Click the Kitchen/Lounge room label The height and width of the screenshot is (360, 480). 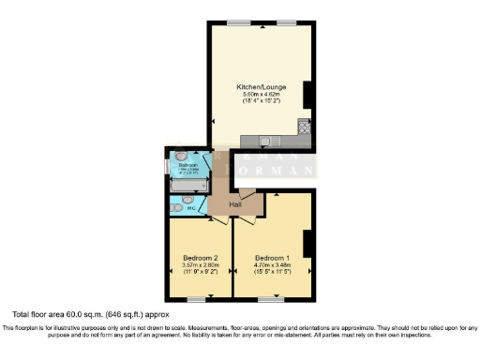(x=261, y=87)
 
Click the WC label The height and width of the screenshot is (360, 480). (x=190, y=208)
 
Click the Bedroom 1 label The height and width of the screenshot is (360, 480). (x=273, y=258)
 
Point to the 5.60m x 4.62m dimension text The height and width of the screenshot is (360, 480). (x=261, y=95)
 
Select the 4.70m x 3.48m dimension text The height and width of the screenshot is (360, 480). (x=273, y=265)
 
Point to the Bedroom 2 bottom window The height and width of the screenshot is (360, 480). (x=196, y=299)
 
